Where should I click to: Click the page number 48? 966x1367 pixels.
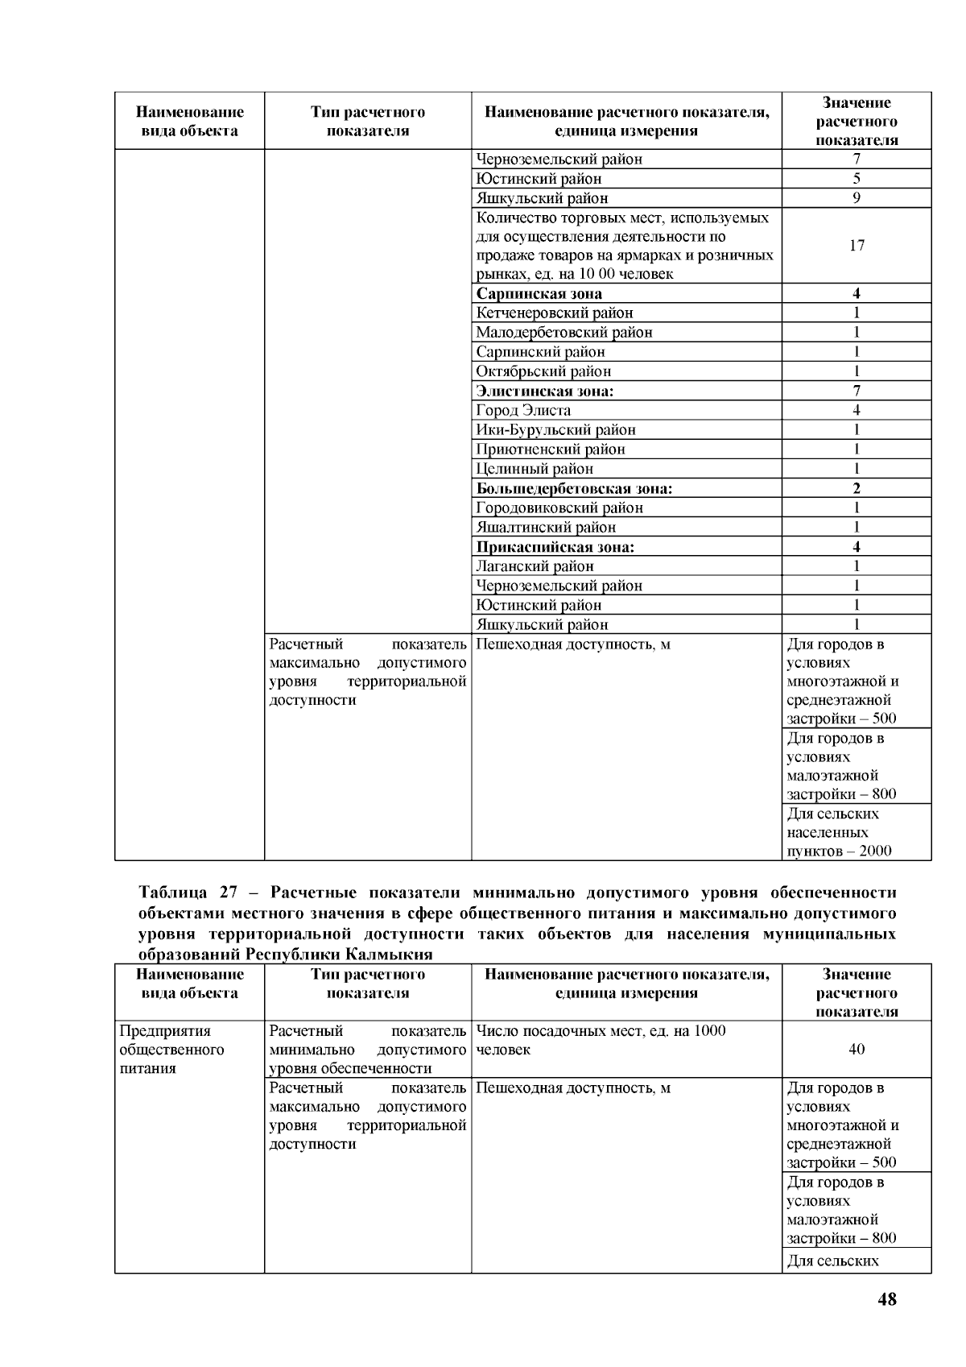[x=887, y=1299]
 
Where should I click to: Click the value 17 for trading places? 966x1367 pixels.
[x=857, y=245]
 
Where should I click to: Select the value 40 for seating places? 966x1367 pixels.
[x=857, y=1049]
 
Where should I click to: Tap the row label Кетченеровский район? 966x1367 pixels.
[x=555, y=313]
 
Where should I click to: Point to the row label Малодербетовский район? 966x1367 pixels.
[x=564, y=332]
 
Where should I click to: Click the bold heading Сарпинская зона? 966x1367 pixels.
[x=539, y=293]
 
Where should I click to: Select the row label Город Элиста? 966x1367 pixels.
[x=523, y=410]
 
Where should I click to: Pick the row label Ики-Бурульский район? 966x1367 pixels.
[x=556, y=429]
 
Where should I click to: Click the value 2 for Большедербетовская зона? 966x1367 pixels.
[x=857, y=488]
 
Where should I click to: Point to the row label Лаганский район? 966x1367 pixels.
[x=535, y=566]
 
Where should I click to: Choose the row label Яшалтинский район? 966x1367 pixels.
[x=546, y=527]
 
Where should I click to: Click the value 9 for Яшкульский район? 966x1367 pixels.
[x=857, y=198]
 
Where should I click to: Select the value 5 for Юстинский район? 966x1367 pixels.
[x=857, y=179]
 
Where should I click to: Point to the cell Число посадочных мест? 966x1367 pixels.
[x=601, y=1040]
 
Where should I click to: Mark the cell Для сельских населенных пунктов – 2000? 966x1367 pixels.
[x=840, y=832]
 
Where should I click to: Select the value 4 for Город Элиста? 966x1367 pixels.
[x=857, y=410]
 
